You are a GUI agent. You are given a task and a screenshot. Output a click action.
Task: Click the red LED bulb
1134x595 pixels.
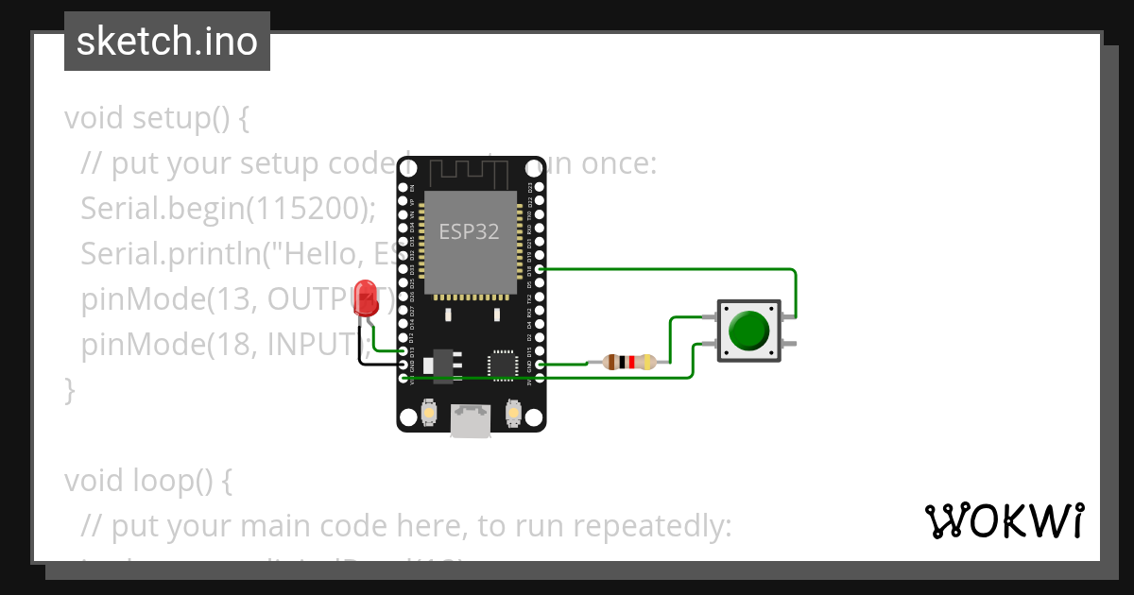tap(366, 297)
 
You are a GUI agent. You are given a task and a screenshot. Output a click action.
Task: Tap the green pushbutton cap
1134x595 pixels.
tap(749, 330)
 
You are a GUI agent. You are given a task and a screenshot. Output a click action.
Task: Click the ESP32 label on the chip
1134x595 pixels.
tap(469, 231)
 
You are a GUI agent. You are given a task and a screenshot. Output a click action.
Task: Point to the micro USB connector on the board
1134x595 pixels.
tap(471, 419)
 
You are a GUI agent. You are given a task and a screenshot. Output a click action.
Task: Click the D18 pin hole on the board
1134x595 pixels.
tap(540, 269)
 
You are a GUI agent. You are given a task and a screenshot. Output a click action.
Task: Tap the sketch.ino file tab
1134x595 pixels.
tap(167, 42)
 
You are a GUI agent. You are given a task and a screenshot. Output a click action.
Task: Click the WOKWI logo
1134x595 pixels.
tap(1004, 520)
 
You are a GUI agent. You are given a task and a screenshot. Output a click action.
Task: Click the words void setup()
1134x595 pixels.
tap(156, 118)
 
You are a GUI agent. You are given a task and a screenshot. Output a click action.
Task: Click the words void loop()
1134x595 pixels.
tap(147, 481)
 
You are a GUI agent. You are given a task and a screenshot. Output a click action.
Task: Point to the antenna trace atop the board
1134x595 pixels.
tap(470, 174)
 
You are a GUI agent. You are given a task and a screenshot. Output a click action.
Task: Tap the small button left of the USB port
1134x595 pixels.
tap(429, 413)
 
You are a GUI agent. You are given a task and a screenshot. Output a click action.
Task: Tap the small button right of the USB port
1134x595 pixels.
tap(513, 413)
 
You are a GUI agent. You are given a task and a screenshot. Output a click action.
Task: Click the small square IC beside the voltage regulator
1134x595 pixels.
tap(502, 364)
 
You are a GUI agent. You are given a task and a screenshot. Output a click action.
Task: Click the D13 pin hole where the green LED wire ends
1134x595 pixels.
tap(404, 351)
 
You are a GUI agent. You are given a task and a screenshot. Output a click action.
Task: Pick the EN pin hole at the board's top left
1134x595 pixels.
tap(404, 188)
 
